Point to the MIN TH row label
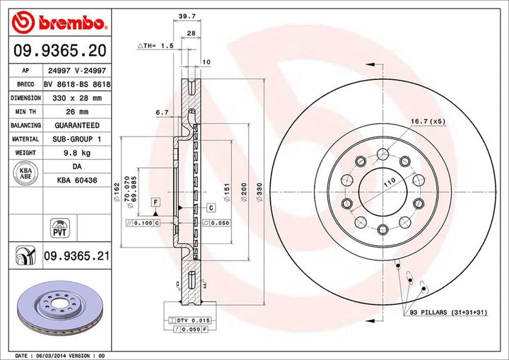click(22, 112)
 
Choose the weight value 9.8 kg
click(73, 153)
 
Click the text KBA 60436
click(74, 181)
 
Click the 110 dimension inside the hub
click(387, 182)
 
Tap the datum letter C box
click(211, 207)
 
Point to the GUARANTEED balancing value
click(73, 125)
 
